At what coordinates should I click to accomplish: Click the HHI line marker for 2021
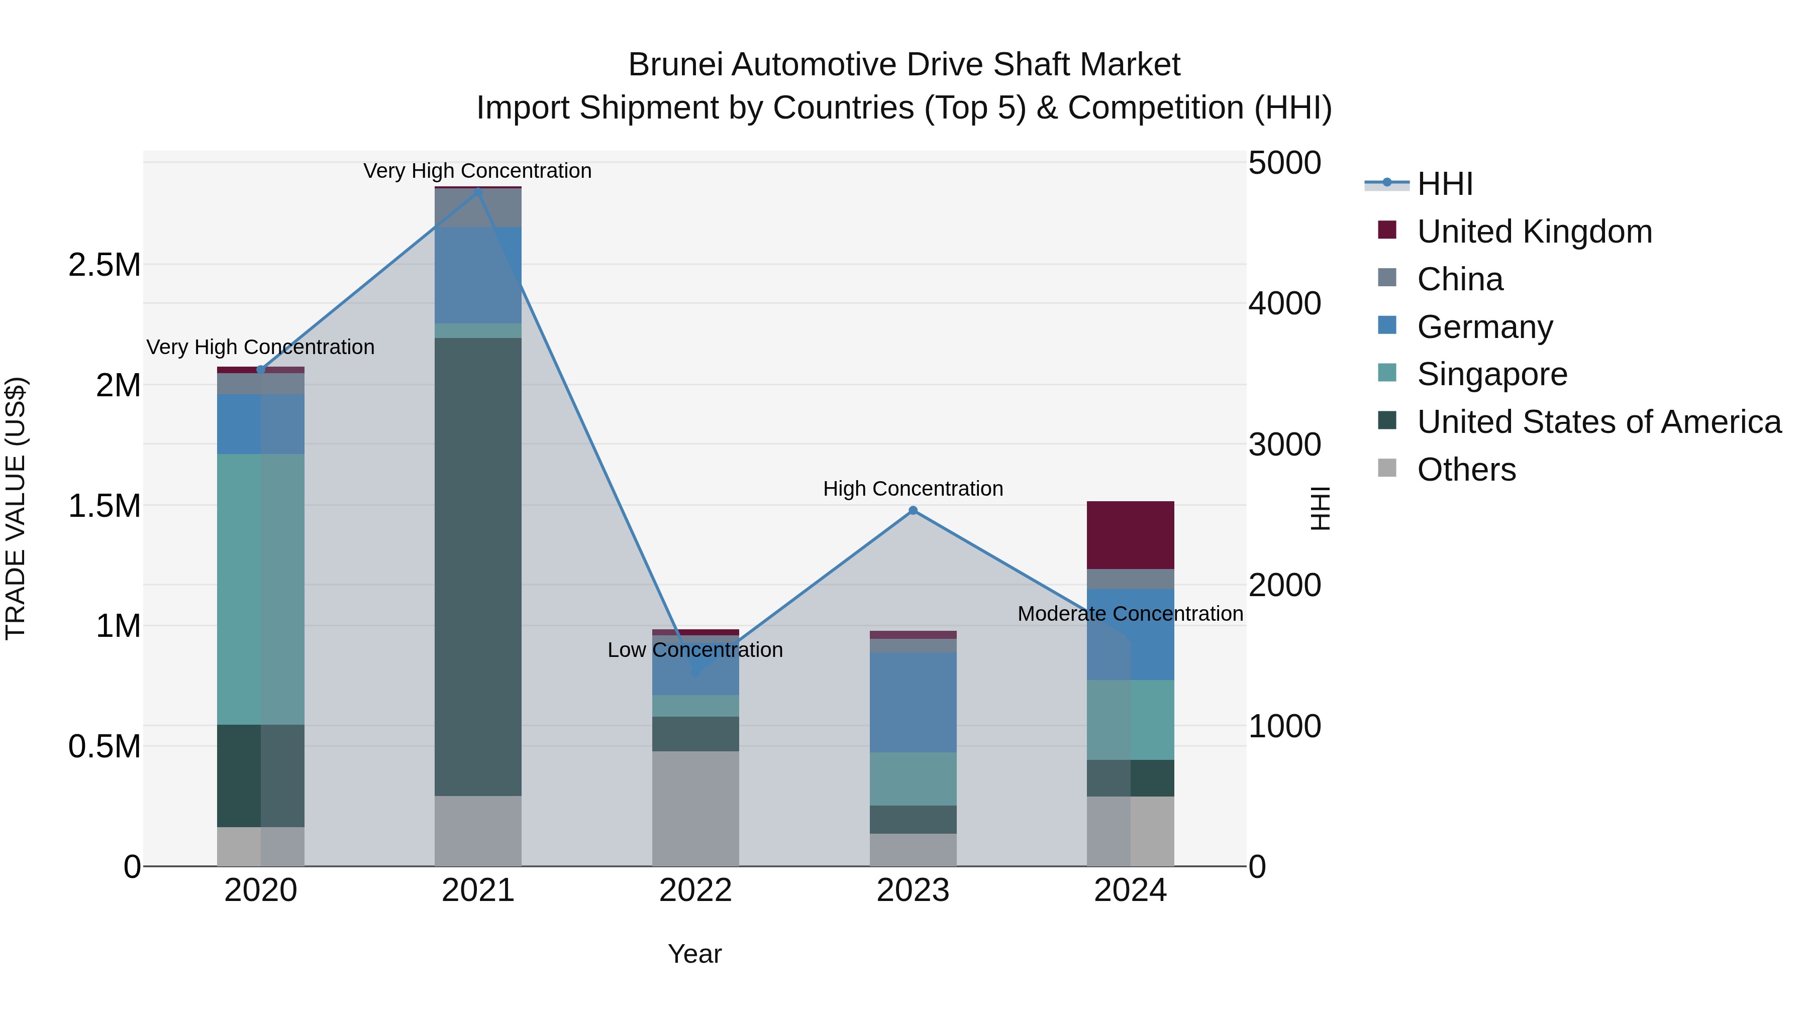478,192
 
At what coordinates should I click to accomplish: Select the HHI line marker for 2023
913,510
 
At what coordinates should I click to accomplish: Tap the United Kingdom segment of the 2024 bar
1130,535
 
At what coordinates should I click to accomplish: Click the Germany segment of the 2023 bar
913,702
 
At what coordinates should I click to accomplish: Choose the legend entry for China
1459,279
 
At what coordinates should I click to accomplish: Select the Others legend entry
1466,470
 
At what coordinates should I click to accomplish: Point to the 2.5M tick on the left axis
104,265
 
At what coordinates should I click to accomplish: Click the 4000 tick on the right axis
1284,303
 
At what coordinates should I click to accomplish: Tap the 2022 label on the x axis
695,890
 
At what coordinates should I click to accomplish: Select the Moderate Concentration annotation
1130,613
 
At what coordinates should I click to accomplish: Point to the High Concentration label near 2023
913,489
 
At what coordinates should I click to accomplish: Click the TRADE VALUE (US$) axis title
16,508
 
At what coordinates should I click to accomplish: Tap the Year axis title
694,954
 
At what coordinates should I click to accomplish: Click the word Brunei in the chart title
675,65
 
